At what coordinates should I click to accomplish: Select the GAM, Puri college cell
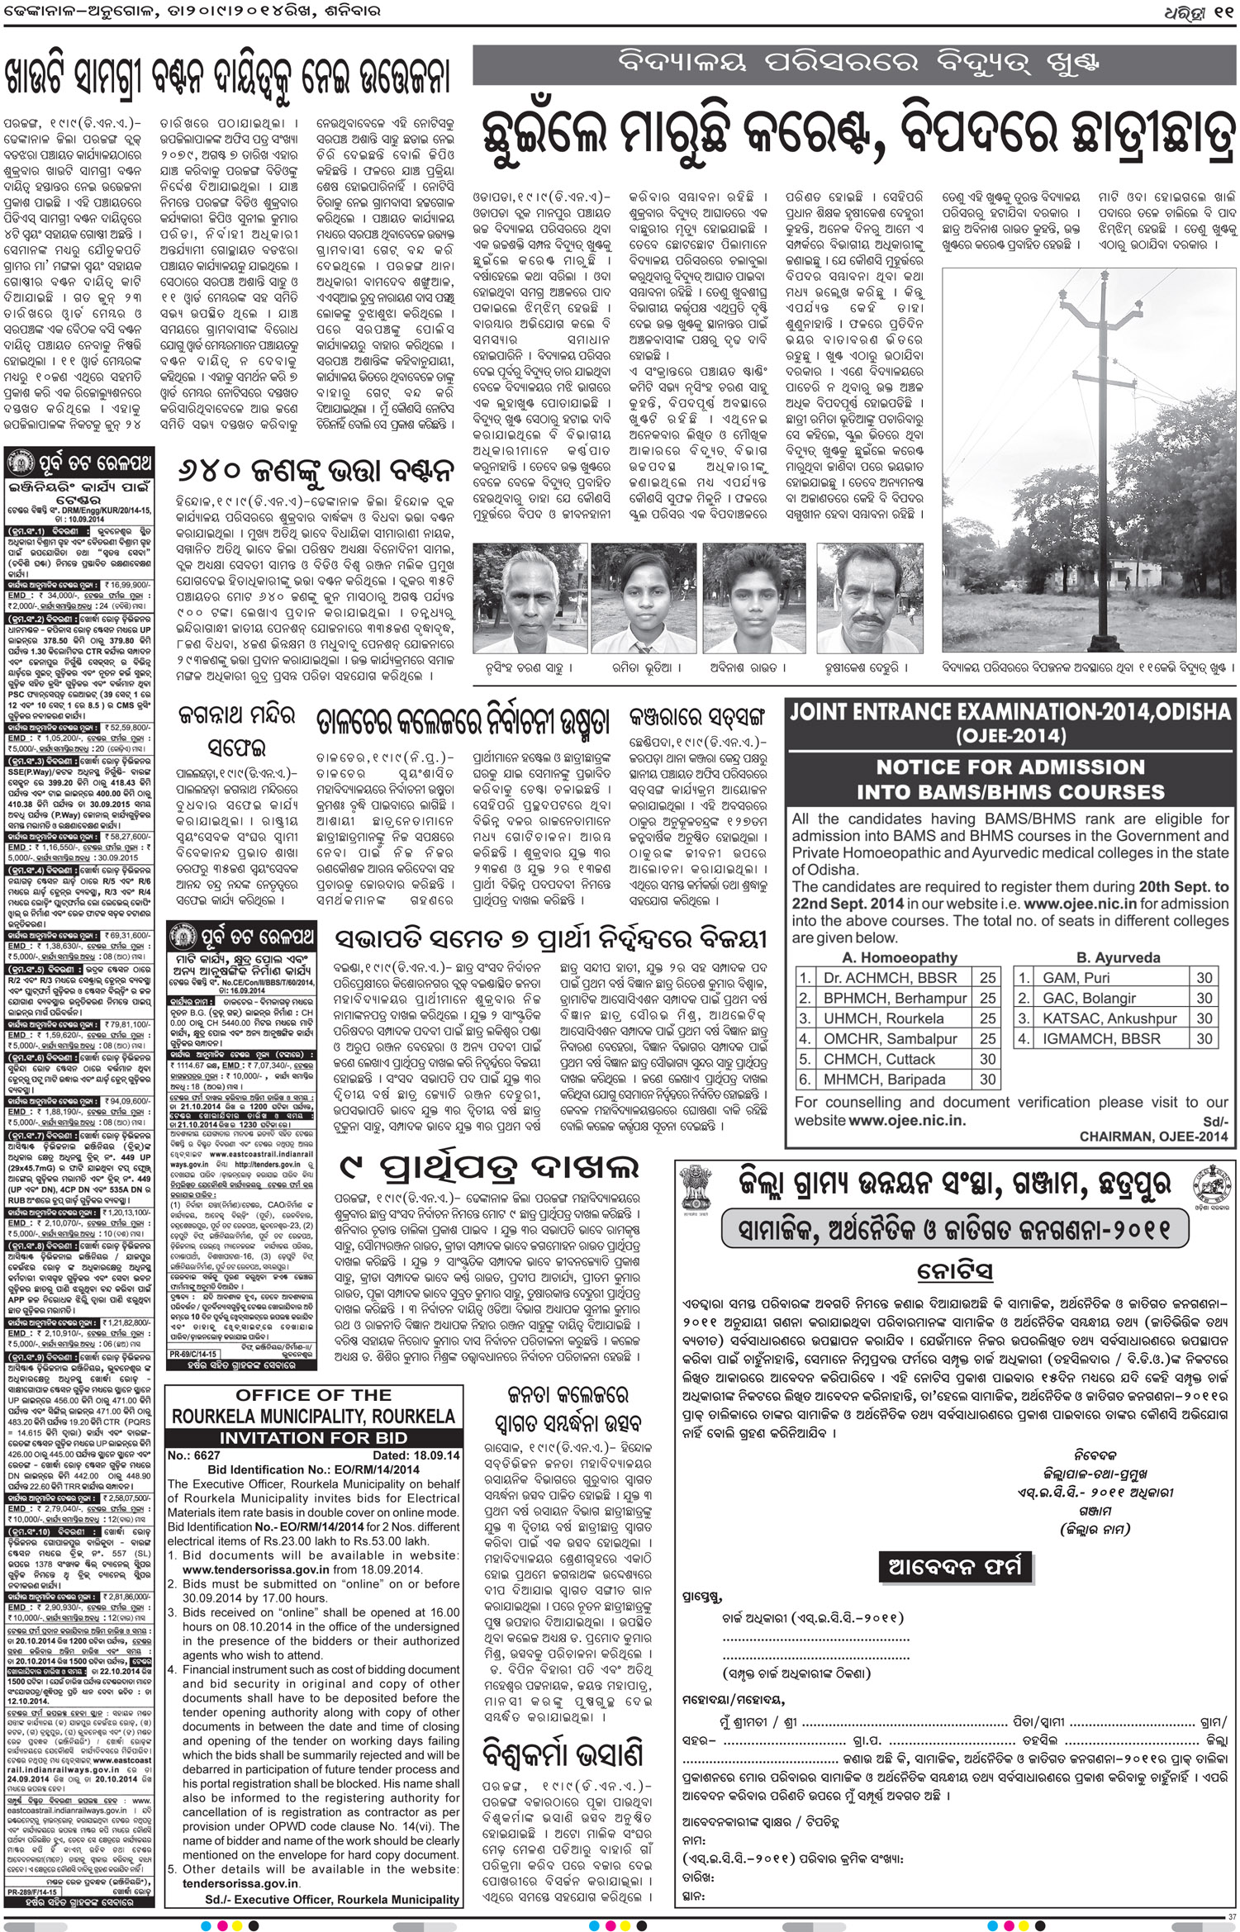pos(1076,978)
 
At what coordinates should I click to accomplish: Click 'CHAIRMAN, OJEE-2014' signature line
pos(1153,1137)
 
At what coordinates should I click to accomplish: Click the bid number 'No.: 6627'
pos(194,1455)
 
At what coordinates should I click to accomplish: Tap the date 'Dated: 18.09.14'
pos(416,1455)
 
